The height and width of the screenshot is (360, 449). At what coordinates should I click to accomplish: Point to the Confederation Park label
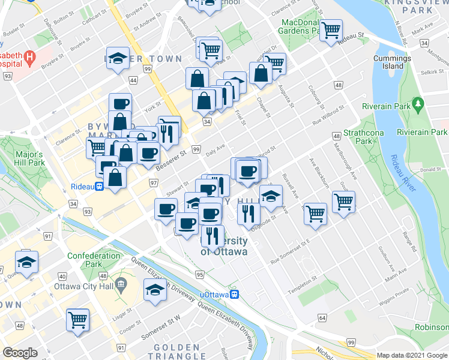(x=94, y=260)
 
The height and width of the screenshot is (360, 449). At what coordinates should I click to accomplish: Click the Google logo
(x=20, y=352)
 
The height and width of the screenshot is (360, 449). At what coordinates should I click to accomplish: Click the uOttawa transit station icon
(x=237, y=295)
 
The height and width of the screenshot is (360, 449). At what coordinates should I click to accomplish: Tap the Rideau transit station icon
(x=98, y=186)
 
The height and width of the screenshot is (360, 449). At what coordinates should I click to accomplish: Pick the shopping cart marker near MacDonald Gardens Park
(x=331, y=30)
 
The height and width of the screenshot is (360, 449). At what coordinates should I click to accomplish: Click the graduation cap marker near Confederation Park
(x=26, y=262)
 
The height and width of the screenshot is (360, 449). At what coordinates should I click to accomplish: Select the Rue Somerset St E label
(x=290, y=250)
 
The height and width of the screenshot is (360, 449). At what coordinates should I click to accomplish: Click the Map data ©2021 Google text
(x=411, y=355)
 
